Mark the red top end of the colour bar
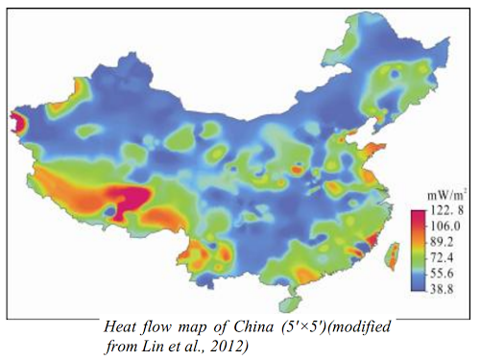pos(419,214)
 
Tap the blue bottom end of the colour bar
pos(419,286)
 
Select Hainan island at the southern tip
pos(285,305)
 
